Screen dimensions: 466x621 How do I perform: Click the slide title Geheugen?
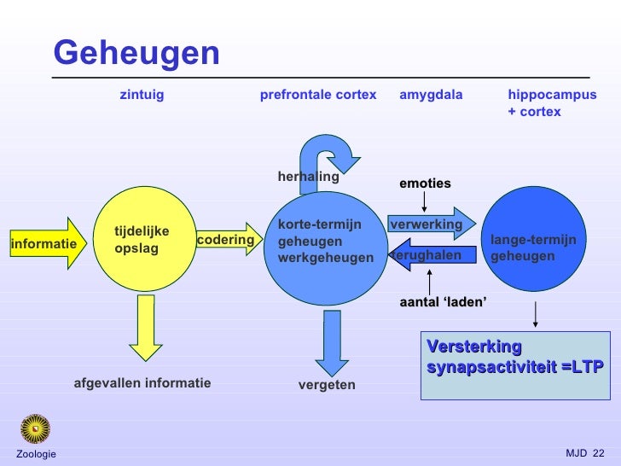tap(136, 54)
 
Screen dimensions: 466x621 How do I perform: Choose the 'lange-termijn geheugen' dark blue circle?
tap(535, 240)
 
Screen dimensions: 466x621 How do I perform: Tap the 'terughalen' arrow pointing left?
tap(431, 255)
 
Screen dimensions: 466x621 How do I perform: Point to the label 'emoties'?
tap(425, 183)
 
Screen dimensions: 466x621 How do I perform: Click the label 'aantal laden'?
tap(443, 302)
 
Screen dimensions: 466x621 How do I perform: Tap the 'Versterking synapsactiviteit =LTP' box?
tap(514, 365)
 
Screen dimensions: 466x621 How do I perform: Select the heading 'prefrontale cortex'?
tap(317, 96)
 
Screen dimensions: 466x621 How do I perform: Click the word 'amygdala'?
tap(431, 96)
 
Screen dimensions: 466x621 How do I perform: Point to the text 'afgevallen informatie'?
tap(142, 383)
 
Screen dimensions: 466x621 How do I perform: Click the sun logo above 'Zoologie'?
tap(36, 428)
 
